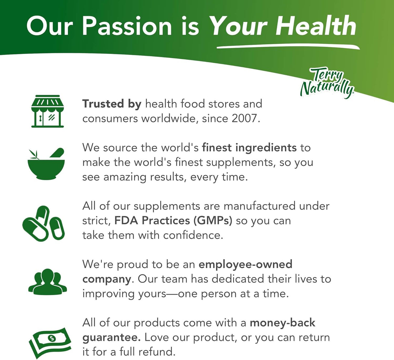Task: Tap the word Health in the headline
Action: click(x=316, y=26)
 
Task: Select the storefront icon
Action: click(x=47, y=111)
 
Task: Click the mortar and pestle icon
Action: click(x=46, y=164)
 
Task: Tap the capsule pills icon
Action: click(x=43, y=224)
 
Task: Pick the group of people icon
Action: click(x=47, y=282)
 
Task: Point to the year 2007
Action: click(x=245, y=118)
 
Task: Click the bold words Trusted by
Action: click(x=112, y=104)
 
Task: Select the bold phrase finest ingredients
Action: click(x=249, y=148)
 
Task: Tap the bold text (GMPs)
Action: click(x=213, y=220)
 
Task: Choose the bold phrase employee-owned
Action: click(x=245, y=265)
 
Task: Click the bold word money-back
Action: click(x=282, y=323)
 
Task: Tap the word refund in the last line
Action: click(x=157, y=352)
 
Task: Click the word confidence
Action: click(x=193, y=235)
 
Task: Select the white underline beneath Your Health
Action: click(x=288, y=47)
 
